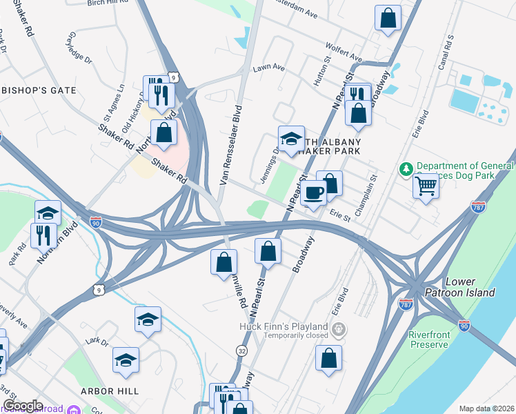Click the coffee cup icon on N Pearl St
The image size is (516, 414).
click(313, 194)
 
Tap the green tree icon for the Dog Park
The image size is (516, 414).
click(407, 168)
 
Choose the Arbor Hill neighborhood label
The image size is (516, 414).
click(110, 391)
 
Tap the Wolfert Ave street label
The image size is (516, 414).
click(346, 52)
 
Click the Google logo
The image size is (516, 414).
click(23, 406)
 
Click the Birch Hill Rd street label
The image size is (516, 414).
click(109, 3)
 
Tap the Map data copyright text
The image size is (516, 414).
click(486, 408)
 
